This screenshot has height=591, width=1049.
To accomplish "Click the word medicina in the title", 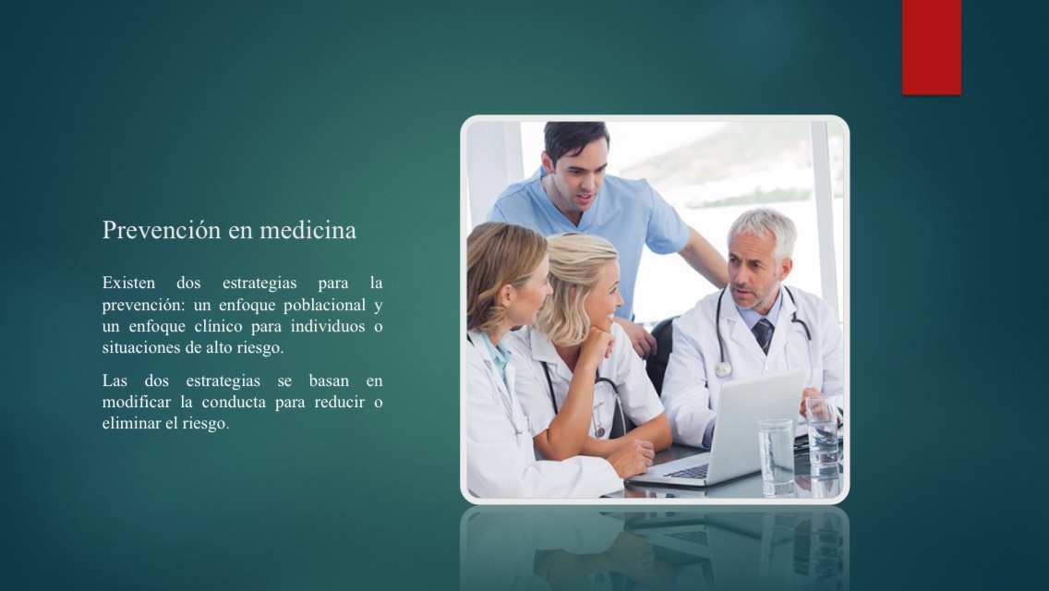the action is (307, 230).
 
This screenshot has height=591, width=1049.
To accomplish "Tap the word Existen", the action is (128, 283).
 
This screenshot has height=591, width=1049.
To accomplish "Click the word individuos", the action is (329, 327).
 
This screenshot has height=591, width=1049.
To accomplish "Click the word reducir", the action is (340, 403).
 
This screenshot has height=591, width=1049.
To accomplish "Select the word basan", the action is (329, 380).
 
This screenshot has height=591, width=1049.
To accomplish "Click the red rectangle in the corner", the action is (931, 47).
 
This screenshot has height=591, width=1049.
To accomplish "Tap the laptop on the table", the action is (729, 431).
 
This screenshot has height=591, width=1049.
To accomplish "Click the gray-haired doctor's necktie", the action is (762, 334).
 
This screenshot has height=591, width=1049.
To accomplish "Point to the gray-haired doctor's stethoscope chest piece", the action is (722, 368).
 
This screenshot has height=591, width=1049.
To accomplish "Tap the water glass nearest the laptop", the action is (776, 457).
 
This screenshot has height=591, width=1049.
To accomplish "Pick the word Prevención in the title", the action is (162, 230).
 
